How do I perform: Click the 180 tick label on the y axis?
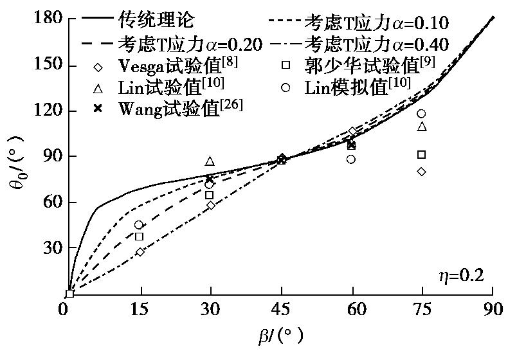tap(48, 19)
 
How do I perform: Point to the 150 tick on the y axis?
tap(48, 65)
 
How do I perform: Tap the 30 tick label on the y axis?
tap(51, 248)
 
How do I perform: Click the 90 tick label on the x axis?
tap(493, 309)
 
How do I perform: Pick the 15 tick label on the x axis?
tap(140, 309)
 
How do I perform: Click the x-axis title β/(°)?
tap(279, 335)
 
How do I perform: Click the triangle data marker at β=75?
tap(422, 126)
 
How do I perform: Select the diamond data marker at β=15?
tap(140, 252)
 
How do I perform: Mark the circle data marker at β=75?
tap(422, 114)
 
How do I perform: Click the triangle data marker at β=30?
tap(210, 161)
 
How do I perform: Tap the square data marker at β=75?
tap(422, 154)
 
